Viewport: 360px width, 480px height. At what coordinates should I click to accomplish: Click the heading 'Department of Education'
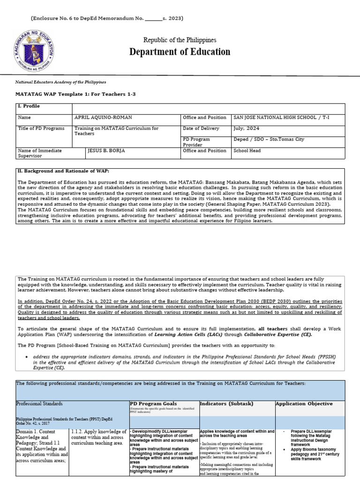[x=180, y=52]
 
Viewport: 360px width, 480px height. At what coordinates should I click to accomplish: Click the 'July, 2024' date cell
[x=246, y=128]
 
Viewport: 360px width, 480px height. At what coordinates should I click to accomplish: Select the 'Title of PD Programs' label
[x=41, y=128]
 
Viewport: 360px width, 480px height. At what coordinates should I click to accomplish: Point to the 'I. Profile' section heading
[x=29, y=106]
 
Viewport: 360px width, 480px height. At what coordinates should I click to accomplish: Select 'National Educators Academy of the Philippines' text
[x=61, y=82]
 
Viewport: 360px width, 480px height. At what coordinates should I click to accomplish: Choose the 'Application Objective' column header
[x=304, y=403]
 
